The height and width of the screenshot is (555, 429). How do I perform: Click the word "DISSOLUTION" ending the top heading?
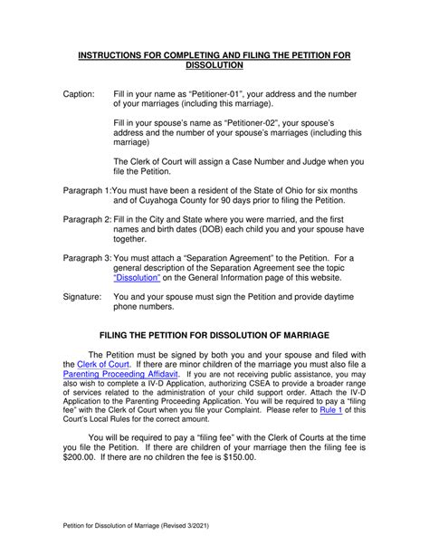point(214,66)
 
